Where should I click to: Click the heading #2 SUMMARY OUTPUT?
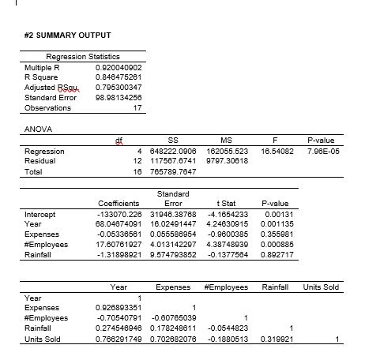coord(66,36)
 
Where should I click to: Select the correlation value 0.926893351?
coord(117,307)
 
